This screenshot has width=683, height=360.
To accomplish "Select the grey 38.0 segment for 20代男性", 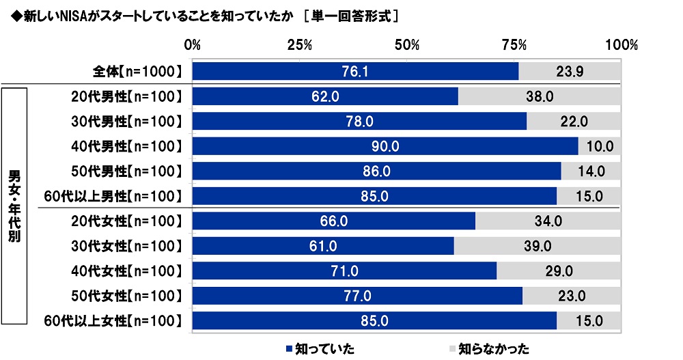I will click(x=539, y=96).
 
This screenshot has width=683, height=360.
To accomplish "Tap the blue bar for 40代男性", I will click(x=385, y=146).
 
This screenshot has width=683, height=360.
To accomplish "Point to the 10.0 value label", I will click(x=600, y=146).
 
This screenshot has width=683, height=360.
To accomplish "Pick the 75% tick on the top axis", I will click(x=514, y=46).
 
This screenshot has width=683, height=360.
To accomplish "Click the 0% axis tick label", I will click(x=193, y=46).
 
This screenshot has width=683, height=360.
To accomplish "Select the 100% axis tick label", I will click(x=621, y=46).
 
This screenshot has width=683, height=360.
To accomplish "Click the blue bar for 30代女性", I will click(x=322, y=246).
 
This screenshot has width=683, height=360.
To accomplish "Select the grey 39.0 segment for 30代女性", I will click(x=537, y=246).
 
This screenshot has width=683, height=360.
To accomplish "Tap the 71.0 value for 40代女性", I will click(x=344, y=271).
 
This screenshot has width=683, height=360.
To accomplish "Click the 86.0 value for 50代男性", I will click(x=376, y=171).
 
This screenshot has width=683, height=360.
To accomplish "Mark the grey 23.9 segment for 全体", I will click(x=569, y=72).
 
